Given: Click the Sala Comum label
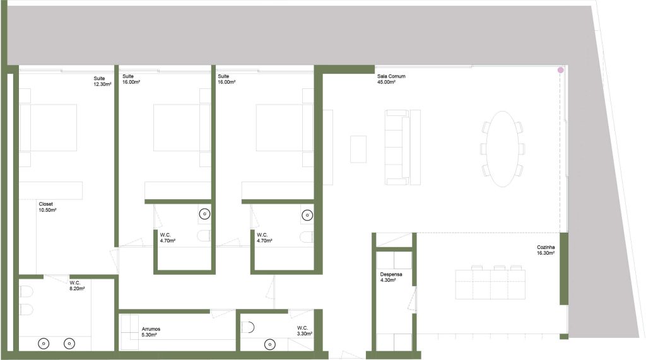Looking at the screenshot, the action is (x=391, y=76).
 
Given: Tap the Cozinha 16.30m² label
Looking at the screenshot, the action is (x=546, y=250).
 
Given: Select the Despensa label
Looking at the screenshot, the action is (x=391, y=274).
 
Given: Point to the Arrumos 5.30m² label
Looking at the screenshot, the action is (x=151, y=332).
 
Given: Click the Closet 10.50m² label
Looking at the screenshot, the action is (x=47, y=207).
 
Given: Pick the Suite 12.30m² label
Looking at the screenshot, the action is (x=102, y=81).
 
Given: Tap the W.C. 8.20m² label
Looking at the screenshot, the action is (x=77, y=286).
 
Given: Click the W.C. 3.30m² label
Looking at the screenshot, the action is (x=305, y=331).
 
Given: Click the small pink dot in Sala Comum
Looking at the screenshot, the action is (x=560, y=71).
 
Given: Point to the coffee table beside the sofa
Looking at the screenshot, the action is (x=358, y=149).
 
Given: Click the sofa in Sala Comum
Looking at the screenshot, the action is (x=402, y=147).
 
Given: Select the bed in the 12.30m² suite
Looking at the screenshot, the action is (x=48, y=127).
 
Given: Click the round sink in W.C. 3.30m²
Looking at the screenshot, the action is (x=270, y=344).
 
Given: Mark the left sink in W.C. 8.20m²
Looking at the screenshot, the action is (x=44, y=343).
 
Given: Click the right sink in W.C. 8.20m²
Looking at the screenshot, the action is (x=69, y=343).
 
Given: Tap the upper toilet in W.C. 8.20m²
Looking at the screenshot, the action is (x=26, y=292).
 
